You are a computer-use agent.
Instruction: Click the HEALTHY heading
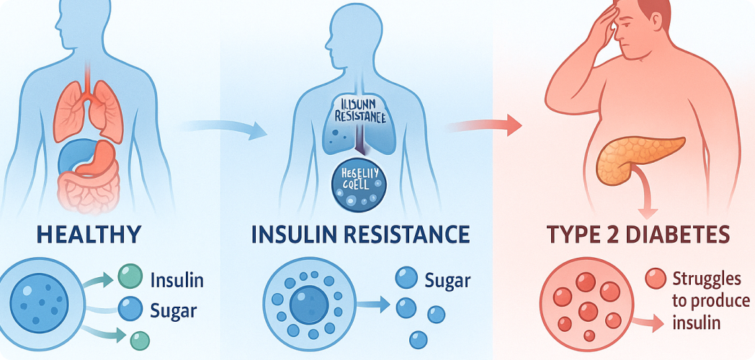pos(89,235)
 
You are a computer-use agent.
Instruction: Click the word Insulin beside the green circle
pos(177,280)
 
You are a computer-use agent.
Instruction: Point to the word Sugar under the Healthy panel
pos(173,310)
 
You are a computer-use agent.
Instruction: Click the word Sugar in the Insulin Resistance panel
pos(447,280)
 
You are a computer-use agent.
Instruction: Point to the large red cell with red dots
pos(585,301)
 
